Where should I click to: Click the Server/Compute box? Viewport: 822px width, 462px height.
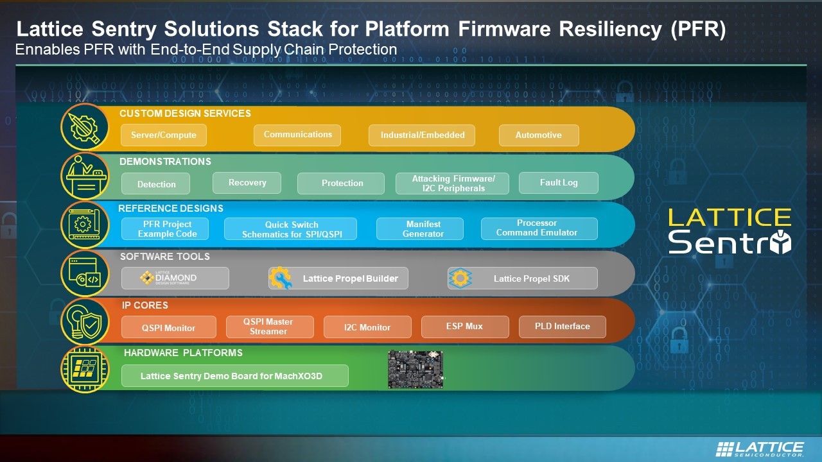click(x=164, y=135)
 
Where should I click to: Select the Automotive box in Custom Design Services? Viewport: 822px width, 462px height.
click(x=539, y=135)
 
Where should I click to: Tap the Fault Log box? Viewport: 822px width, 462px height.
click(x=559, y=183)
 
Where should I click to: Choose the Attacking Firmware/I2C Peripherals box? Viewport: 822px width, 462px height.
click(x=452, y=184)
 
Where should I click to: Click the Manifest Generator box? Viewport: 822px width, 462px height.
click(x=420, y=229)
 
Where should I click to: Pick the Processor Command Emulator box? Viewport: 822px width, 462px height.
click(x=539, y=228)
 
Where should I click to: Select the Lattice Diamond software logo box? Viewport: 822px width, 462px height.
click(x=175, y=278)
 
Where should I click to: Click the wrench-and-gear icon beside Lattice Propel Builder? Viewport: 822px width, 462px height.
click(x=281, y=278)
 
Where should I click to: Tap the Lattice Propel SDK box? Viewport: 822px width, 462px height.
click(x=523, y=278)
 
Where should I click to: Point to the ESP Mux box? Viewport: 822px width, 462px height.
click(x=465, y=327)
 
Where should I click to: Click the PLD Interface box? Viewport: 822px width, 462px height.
click(x=562, y=327)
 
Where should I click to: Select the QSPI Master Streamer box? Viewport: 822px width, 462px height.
click(x=270, y=327)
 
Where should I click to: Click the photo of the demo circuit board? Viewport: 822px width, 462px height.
click(x=415, y=369)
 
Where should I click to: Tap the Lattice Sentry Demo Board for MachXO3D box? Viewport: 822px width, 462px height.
click(x=235, y=376)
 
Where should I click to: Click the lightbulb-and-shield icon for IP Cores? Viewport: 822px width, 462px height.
click(x=85, y=322)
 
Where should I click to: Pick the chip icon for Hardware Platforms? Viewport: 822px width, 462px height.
click(x=85, y=370)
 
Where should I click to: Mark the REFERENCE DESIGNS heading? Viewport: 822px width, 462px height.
click(x=171, y=209)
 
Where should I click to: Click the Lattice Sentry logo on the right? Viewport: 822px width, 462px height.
click(x=730, y=231)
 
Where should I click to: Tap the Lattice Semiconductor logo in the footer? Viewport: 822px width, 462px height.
click(x=760, y=449)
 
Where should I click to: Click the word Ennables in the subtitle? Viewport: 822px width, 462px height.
click(x=48, y=49)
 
